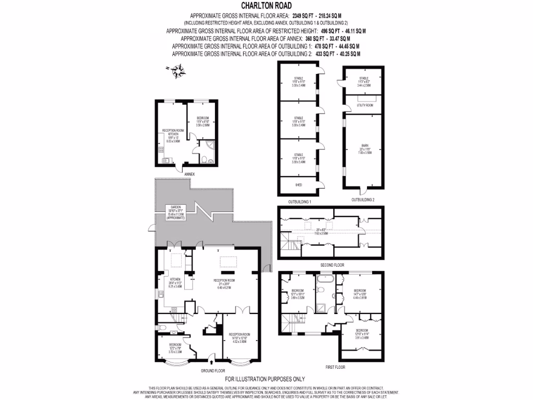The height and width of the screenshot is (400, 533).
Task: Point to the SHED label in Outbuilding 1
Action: pyautogui.click(x=298, y=185)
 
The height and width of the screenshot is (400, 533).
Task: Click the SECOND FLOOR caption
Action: pyautogui.click(x=332, y=266)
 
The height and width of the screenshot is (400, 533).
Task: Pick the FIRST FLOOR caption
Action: pyautogui.click(x=336, y=367)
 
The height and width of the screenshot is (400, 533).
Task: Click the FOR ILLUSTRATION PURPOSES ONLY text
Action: pyautogui.click(x=265, y=379)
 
